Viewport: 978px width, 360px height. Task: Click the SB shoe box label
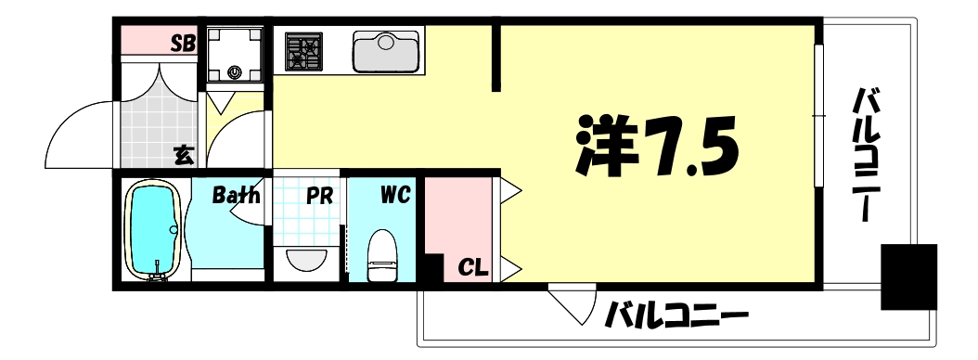[181, 43]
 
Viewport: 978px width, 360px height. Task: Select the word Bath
[236, 196]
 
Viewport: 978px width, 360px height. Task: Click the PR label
[321, 197]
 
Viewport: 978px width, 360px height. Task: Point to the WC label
[395, 196]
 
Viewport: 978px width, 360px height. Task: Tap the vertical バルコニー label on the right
[868, 154]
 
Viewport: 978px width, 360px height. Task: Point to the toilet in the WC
[381, 254]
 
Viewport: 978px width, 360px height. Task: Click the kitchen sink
[388, 52]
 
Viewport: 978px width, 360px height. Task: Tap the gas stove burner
[303, 52]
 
